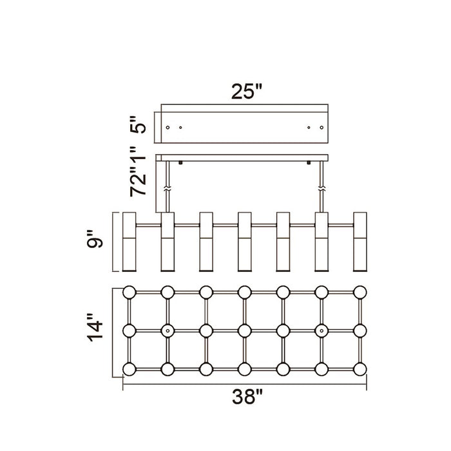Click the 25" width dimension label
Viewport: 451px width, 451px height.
pyautogui.click(x=247, y=91)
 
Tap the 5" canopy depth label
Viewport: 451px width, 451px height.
pyautogui.click(x=138, y=125)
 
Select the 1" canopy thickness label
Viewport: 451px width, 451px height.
pyautogui.click(x=138, y=158)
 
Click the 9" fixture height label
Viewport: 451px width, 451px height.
pyautogui.click(x=95, y=239)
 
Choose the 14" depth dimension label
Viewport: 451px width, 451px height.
pyautogui.click(x=95, y=327)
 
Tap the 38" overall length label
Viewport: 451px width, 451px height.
pyautogui.click(x=247, y=397)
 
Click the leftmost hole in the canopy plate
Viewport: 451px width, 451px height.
pyautogui.click(x=168, y=128)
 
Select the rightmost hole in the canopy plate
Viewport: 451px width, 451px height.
pyautogui.click(x=321, y=128)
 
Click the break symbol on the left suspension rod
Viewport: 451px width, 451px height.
pyautogui.click(x=168, y=189)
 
